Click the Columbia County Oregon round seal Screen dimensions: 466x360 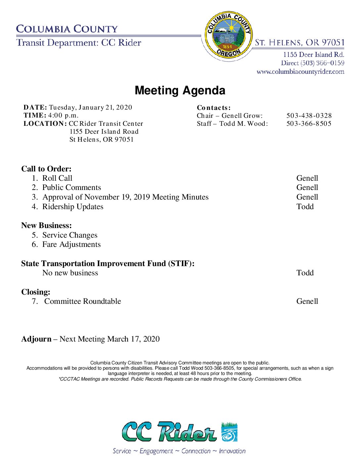228,35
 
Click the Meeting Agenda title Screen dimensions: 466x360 180,90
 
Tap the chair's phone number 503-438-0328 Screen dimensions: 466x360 309,116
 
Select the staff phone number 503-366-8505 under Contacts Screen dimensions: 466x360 309,123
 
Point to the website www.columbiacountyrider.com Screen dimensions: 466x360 300,71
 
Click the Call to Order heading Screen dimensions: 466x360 46,169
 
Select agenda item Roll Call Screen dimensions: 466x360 57,178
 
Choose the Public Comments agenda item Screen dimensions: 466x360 71,187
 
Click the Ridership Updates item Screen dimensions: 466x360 73,207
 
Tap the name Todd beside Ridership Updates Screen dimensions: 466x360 305,207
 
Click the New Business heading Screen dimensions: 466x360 46,225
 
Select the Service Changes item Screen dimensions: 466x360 70,235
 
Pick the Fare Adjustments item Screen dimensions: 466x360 71,244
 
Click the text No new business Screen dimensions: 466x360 70,273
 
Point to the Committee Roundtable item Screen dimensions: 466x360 82,301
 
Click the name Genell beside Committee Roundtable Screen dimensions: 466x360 307,301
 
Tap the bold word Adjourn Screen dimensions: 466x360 36,339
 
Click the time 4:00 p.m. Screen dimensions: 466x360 63,116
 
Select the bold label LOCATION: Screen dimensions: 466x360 45,123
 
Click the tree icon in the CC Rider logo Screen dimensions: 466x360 229,432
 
